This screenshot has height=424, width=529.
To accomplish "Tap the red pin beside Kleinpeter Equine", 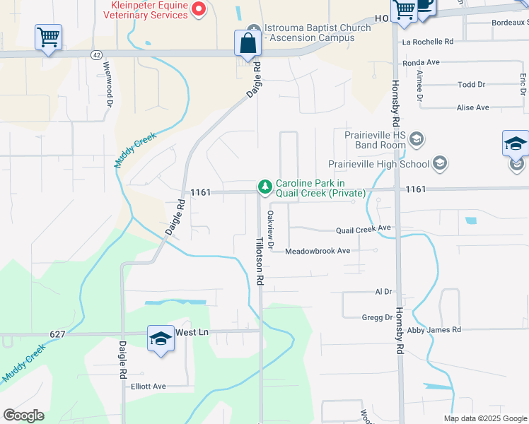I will coord(199,8).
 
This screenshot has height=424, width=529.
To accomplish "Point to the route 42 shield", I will coord(96,54).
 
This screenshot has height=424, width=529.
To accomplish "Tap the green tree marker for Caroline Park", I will coord(264,187).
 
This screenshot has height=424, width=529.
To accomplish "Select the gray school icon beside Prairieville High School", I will coord(439,164).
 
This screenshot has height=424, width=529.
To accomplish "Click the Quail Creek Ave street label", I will coord(364,229).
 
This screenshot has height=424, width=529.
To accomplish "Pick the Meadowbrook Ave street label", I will coord(318,251).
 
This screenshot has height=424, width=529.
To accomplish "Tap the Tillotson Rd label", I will coord(260,261).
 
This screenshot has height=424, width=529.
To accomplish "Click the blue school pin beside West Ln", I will coord(161,339).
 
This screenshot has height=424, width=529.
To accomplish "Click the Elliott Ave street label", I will coord(148,387).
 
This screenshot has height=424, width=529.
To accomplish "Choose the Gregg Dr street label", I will coord(377,318).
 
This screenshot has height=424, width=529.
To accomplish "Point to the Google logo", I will coord(23,416).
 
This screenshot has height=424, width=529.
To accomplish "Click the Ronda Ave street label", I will coord(421,63).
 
